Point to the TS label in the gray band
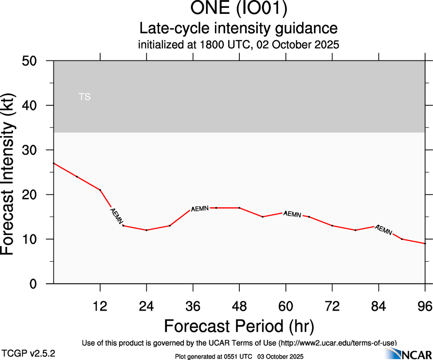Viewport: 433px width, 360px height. [x=84, y=97]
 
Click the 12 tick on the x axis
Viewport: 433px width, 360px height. [x=100, y=306]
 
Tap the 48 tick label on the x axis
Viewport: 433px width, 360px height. [x=239, y=306]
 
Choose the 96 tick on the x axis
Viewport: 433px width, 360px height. [x=424, y=306]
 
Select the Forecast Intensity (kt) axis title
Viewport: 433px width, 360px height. [x=10, y=172]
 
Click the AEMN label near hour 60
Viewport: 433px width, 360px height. [x=292, y=214]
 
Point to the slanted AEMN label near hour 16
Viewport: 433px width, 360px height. [x=116, y=216]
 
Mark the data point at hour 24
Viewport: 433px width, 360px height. [x=146, y=230]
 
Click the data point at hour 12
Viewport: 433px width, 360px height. [x=100, y=190]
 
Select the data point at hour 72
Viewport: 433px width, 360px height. [x=332, y=226]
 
